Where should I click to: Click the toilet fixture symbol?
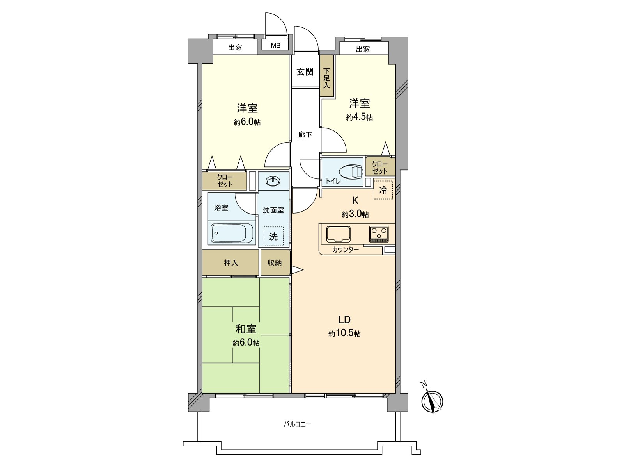[351, 172]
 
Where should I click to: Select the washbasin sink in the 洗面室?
[273, 181]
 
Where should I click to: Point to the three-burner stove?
[379, 234]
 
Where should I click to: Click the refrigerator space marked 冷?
[383, 190]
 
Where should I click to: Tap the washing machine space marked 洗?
[273, 236]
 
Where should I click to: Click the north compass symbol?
[433, 401]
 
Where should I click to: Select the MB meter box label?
[276, 45]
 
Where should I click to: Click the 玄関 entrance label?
[305, 72]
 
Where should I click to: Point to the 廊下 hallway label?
[305, 135]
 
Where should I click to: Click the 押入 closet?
[230, 263]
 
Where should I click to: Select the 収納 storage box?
[275, 263]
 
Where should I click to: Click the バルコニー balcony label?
[298, 424]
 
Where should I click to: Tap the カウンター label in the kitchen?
[346, 250]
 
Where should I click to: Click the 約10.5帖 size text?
[344, 333]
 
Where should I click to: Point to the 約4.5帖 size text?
[359, 117]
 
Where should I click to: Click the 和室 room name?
[246, 329]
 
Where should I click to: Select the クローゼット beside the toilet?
[380, 168]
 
